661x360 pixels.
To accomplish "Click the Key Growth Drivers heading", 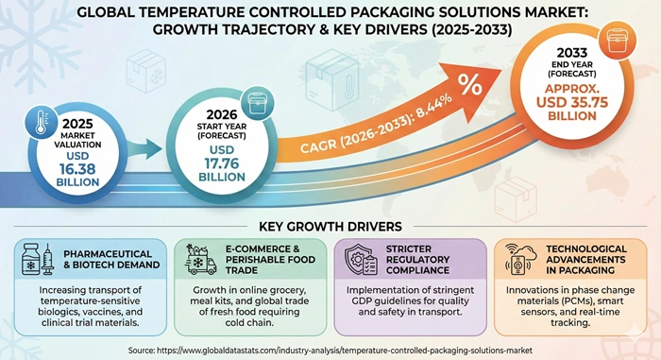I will click(x=330, y=228).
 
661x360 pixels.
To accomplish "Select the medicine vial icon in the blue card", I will click(x=35, y=260).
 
